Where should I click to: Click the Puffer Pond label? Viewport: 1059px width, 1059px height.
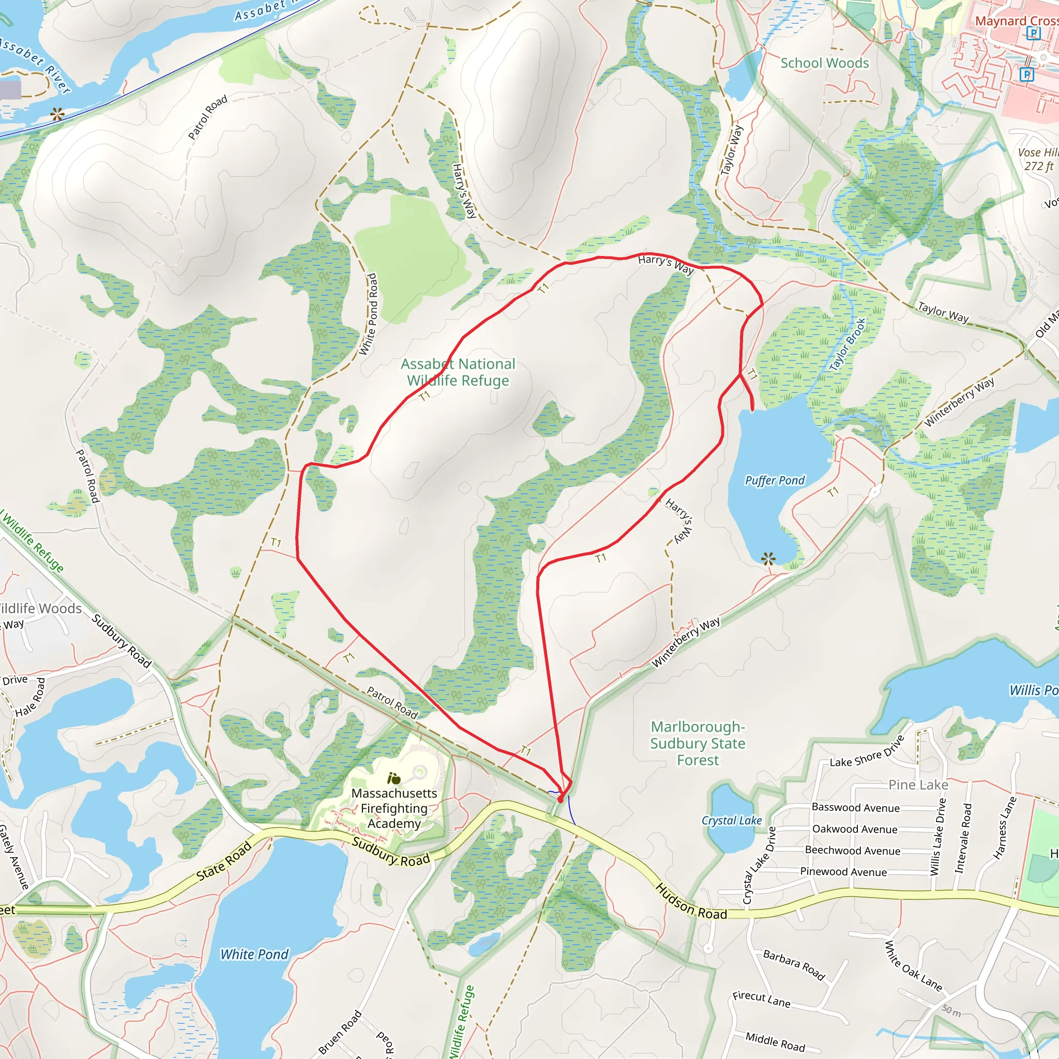pyautogui.click(x=775, y=481)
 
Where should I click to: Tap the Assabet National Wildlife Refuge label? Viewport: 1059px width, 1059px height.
pyautogui.click(x=458, y=372)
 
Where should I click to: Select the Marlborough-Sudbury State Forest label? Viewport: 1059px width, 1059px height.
pyautogui.click(x=698, y=743)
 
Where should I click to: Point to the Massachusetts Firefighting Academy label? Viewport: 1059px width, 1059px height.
pyautogui.click(x=394, y=808)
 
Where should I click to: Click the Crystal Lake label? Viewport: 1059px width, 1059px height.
pyautogui.click(x=732, y=821)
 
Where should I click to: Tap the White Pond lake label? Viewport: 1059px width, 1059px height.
pyautogui.click(x=254, y=955)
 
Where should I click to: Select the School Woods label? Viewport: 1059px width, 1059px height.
pyautogui.click(x=824, y=63)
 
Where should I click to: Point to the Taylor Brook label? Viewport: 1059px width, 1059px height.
pyautogui.click(x=847, y=345)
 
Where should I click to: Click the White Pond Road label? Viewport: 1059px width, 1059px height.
pyautogui.click(x=368, y=314)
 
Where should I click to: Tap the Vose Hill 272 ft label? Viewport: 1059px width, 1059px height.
pyautogui.click(x=1038, y=159)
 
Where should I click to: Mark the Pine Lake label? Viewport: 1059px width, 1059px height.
pyautogui.click(x=918, y=785)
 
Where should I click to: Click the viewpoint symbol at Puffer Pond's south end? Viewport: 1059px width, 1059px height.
pyautogui.click(x=768, y=558)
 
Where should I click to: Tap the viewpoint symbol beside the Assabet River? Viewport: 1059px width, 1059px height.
pyautogui.click(x=57, y=115)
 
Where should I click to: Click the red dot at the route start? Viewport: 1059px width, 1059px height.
pyautogui.click(x=560, y=800)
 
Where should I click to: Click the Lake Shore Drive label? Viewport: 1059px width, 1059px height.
pyautogui.click(x=867, y=752)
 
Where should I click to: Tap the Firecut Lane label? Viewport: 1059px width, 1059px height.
pyautogui.click(x=761, y=999)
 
